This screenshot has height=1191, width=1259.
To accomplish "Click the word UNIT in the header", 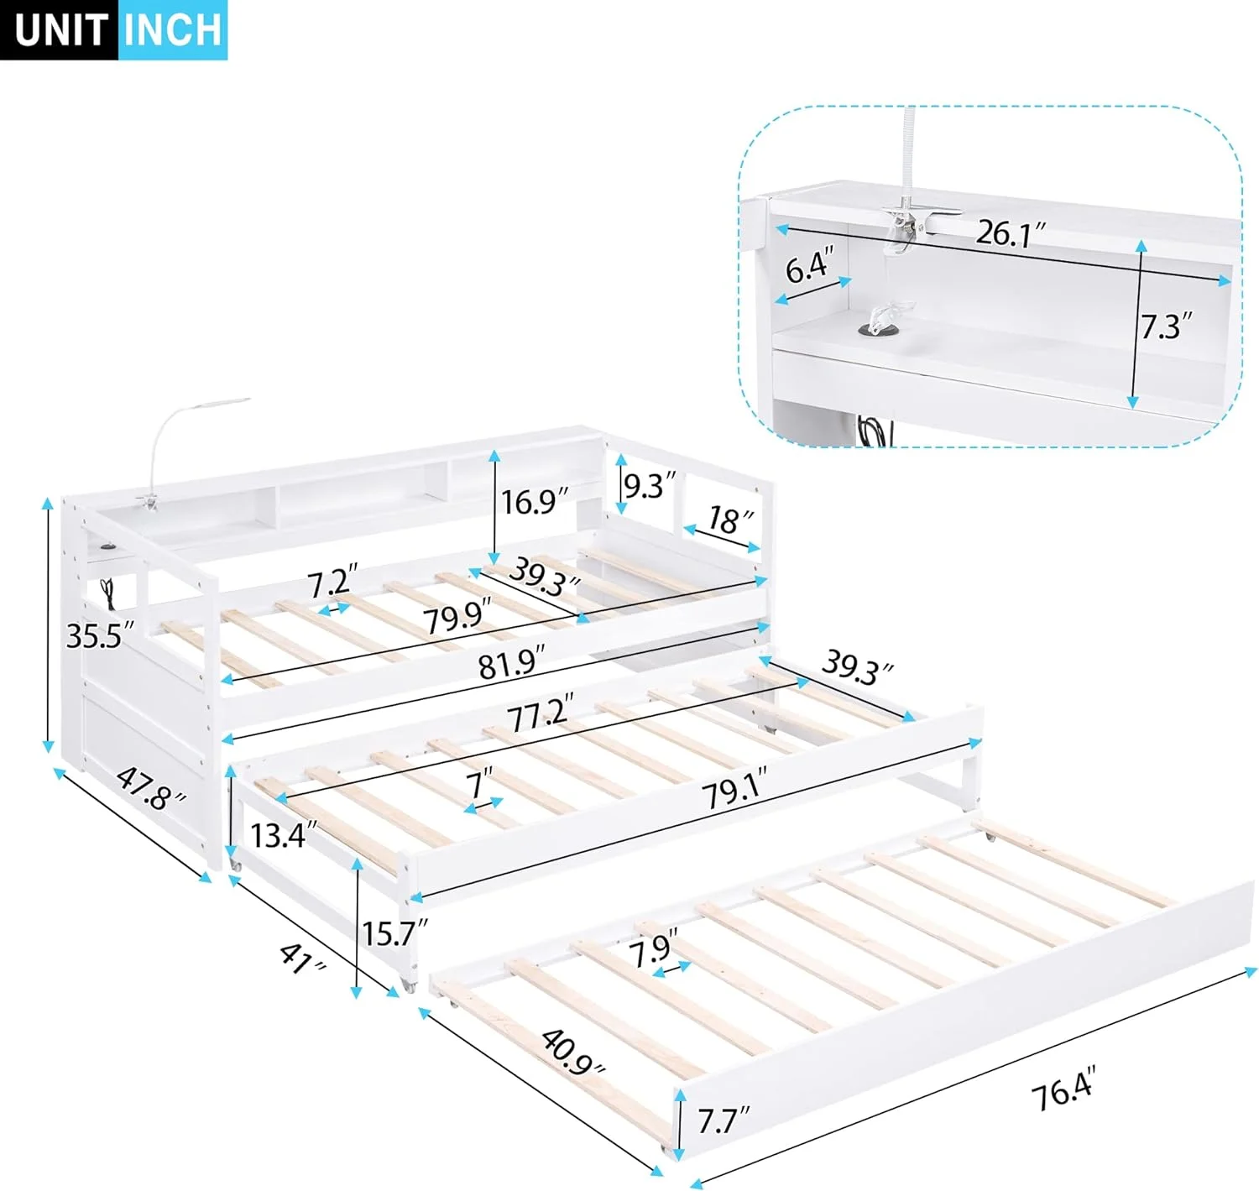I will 59,29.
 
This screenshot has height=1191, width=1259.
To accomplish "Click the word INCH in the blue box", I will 173,29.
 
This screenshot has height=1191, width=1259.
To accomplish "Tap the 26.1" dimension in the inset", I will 1010,233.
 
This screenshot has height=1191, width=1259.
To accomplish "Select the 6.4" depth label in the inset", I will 809,267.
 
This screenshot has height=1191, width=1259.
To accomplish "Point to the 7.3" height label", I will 1166,326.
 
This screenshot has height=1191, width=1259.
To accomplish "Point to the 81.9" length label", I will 511,665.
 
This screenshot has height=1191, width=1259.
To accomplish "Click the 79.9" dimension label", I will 457,619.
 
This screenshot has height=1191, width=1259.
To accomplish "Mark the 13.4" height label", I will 284,835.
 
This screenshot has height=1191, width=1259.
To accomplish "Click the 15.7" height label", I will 394,932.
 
